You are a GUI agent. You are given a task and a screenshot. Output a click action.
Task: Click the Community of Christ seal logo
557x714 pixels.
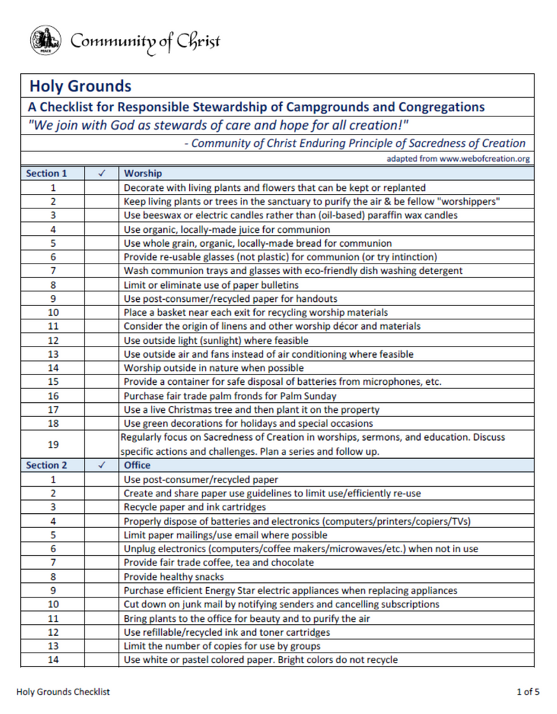click(43, 40)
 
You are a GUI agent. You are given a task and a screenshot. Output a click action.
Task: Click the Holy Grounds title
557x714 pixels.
click(80, 86)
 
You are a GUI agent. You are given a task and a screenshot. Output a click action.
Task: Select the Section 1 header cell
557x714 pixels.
click(47, 173)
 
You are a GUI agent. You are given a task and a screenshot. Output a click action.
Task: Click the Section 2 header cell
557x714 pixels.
click(47, 464)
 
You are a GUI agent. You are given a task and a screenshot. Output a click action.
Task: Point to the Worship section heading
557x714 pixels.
click(143, 173)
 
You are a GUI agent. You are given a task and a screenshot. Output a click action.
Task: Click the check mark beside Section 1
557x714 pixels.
click(102, 173)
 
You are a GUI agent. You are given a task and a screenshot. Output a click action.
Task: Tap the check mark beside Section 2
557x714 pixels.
click(102, 464)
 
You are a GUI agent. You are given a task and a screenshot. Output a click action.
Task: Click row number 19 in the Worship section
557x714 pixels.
click(53, 444)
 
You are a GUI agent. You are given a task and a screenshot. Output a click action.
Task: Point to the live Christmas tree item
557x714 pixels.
click(251, 409)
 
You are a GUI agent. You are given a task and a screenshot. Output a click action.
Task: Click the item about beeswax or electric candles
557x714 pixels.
click(290, 215)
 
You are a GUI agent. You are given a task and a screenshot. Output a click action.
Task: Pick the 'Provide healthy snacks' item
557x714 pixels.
click(174, 577)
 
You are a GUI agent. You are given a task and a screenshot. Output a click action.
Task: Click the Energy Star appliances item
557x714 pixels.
click(290, 591)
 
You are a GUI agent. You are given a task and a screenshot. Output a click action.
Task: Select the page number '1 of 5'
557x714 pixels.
click(527, 692)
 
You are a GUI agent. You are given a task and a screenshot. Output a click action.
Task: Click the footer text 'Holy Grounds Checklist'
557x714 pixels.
click(63, 692)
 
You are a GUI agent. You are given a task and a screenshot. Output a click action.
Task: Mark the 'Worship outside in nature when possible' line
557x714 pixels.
click(214, 367)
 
